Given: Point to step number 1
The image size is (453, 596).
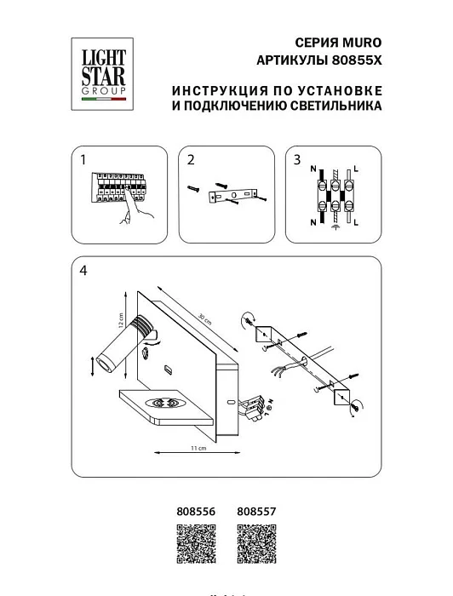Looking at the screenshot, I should (83, 159).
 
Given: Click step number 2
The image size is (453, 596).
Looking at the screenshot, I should (192, 159).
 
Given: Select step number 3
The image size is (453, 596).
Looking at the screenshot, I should (296, 159).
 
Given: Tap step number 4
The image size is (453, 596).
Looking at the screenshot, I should (83, 272).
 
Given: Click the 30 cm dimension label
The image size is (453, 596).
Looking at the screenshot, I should (202, 319).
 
